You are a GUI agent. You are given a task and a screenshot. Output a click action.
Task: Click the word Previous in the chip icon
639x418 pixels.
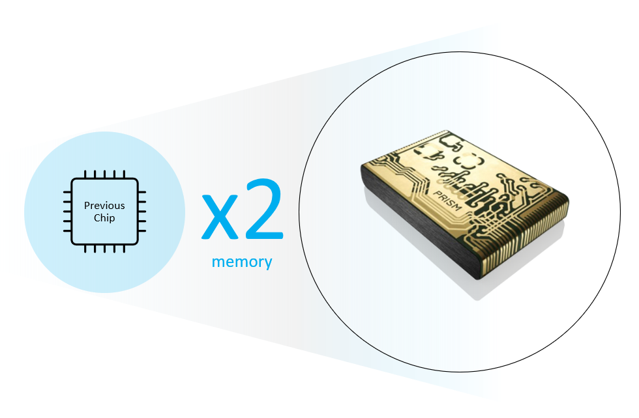[x=104, y=206]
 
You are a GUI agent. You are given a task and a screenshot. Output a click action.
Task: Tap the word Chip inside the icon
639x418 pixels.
[x=104, y=218]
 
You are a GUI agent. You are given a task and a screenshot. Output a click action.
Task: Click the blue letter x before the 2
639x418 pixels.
[x=220, y=217]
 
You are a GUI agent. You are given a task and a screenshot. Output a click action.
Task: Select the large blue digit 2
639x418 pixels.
[x=264, y=209]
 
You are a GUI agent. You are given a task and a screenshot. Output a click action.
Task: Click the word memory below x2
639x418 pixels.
[x=242, y=262]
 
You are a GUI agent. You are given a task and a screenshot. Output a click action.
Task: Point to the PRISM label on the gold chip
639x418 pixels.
[x=447, y=201]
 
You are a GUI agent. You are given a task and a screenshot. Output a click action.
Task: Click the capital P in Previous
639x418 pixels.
[x=87, y=206]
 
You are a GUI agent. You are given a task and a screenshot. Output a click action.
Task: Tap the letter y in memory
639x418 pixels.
[x=268, y=264]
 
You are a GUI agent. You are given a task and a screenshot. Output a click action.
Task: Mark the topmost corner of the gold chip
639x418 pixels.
[x=446, y=131]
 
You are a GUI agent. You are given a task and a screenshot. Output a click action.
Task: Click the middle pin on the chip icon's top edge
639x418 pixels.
[x=105, y=174]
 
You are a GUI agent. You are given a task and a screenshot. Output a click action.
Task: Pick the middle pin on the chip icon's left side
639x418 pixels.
[x=67, y=212]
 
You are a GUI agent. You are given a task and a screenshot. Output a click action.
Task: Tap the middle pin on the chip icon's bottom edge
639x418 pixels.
[x=105, y=249]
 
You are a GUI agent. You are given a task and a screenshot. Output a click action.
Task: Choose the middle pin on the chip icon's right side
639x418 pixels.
[x=142, y=212]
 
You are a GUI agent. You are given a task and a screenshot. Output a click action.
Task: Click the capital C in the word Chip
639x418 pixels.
[x=97, y=218]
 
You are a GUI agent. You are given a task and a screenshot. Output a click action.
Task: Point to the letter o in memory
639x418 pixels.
[x=252, y=262]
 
